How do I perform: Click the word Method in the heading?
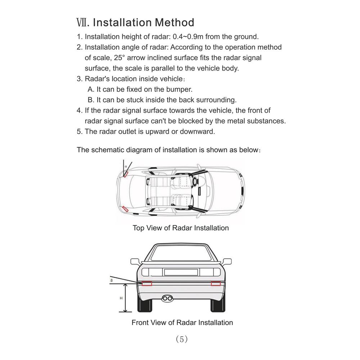pos(174,22)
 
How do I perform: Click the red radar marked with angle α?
pos(126,174)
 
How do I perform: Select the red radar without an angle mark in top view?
pos(126,208)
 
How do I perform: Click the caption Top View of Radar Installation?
pos(180,228)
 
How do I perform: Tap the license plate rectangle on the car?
pos(181,272)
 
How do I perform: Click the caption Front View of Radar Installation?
pos(182,323)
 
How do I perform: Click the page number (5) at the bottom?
pos(182,339)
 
